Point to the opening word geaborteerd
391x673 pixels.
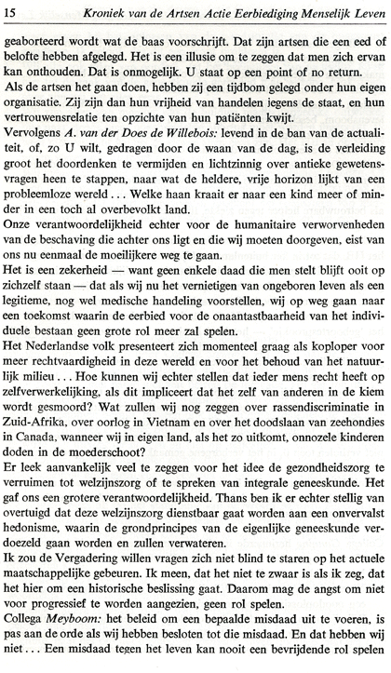[x=38, y=43]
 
